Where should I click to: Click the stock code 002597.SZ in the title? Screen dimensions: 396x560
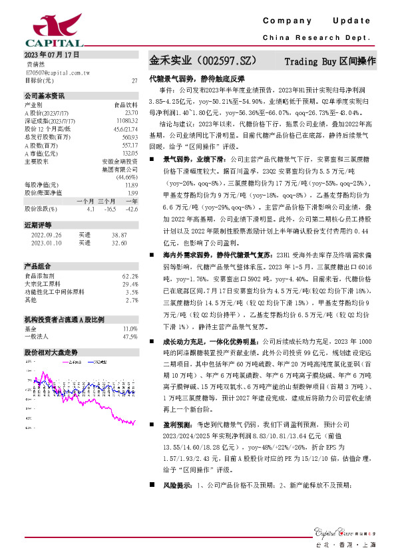tap(223, 61)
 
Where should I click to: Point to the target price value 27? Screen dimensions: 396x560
tap(134, 80)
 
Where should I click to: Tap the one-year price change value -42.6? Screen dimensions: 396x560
tap(131, 209)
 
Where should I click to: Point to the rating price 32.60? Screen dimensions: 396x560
tap(118, 243)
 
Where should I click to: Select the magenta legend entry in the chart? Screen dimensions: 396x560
tap(74, 363)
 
